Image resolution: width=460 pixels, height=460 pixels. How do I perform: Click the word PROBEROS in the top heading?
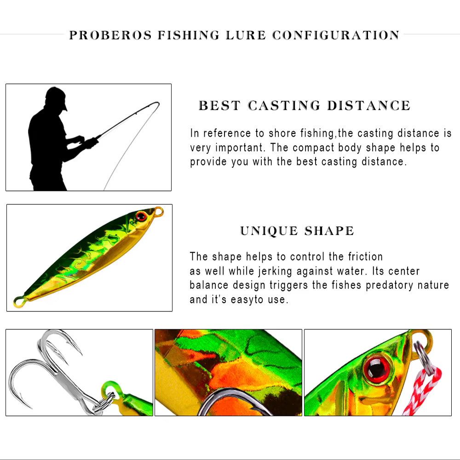pyautogui.click(x=110, y=35)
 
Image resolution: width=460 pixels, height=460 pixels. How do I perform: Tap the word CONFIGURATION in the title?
pyautogui.click(x=336, y=35)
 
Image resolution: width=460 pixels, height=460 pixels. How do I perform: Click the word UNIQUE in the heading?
pyautogui.click(x=269, y=231)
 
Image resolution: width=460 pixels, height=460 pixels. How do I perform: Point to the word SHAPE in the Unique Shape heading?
pyautogui.click(x=329, y=231)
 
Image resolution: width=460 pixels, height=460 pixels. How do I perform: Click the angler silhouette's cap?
pyautogui.click(x=56, y=97)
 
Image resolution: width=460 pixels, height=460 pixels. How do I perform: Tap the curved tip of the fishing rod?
pyautogui.click(x=155, y=104)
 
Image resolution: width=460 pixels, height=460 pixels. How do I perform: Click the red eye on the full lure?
pyautogui.click(x=141, y=216)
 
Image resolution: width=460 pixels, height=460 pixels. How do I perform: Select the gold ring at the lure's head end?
pyautogui.click(x=159, y=211)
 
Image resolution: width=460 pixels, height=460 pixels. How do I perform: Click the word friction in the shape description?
pyautogui.click(x=365, y=257)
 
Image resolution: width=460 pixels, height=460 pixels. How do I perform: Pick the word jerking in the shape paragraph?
pyautogui.click(x=275, y=271)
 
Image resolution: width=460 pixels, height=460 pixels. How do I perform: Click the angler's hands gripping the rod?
pyautogui.click(x=88, y=142)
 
